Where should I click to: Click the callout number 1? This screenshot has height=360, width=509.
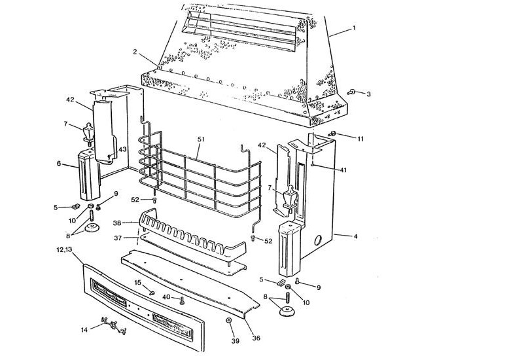coord(354,28)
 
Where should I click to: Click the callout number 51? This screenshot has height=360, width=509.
coord(202,139)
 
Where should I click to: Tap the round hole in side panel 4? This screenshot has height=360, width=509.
coord(318,240)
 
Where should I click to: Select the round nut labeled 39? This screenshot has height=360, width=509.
coord(229,320)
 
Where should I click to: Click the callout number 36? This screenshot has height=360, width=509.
coord(256,338)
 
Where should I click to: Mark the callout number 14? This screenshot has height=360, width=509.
coord(83,330)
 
